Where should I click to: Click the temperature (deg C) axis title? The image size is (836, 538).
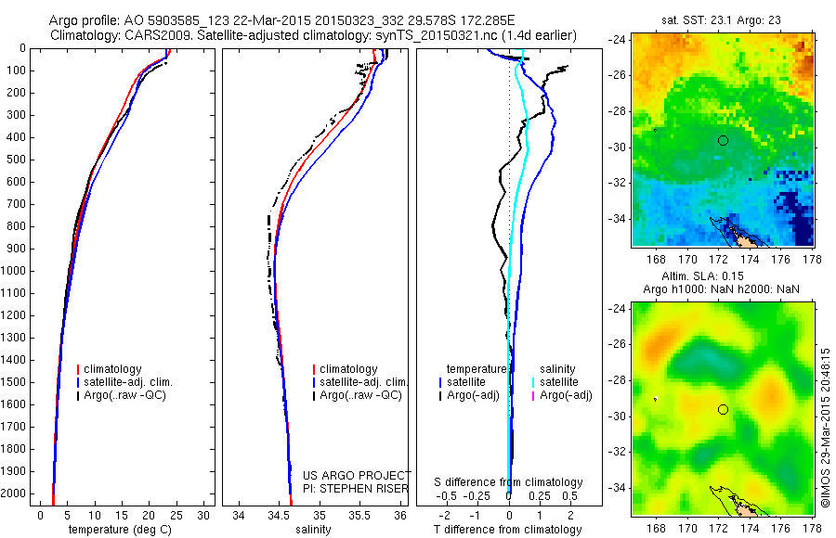[120, 530]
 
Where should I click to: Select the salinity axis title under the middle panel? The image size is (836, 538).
[314, 530]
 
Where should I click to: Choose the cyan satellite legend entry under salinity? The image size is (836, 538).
[559, 382]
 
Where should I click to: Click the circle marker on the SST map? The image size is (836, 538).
[723, 140]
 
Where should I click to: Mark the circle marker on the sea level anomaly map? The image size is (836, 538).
[723, 409]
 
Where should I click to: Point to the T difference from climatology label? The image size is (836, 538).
[507, 530]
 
